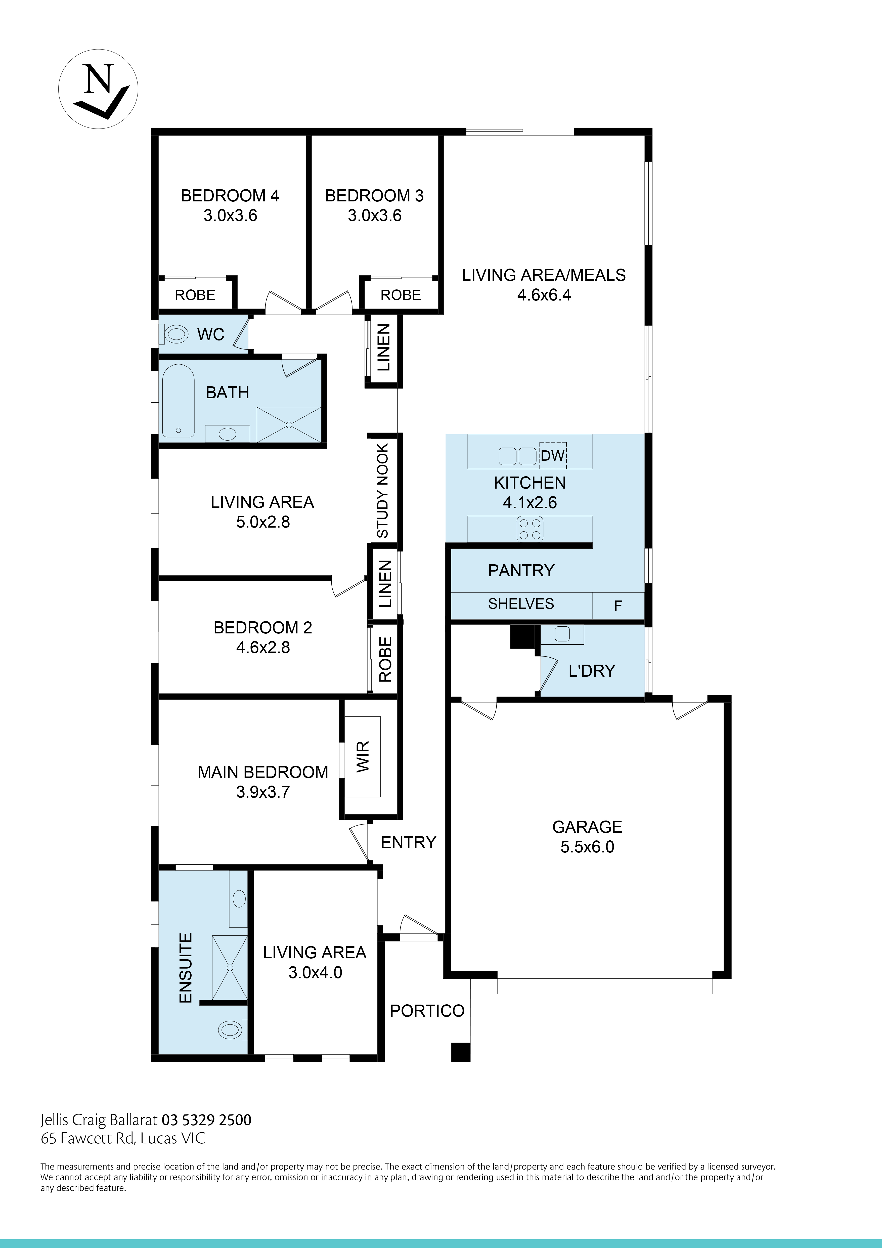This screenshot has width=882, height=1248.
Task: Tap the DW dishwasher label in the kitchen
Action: coord(553,455)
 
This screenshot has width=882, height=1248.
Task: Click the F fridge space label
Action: coord(618,606)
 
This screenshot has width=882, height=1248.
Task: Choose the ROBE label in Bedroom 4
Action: coord(195,295)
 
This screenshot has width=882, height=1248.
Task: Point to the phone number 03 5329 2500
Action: coord(206,1120)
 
